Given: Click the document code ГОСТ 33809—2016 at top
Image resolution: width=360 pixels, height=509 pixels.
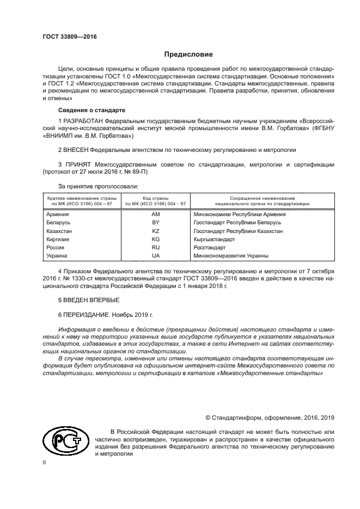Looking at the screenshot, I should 65,37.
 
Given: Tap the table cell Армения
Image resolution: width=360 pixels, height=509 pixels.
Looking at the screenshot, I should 58,214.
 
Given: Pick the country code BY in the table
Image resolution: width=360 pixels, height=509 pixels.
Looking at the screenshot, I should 155,223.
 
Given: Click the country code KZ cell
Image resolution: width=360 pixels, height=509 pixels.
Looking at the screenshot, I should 155,231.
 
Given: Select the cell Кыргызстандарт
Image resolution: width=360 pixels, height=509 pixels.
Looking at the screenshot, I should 214,239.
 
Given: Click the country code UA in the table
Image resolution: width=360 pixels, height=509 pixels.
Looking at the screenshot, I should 155,255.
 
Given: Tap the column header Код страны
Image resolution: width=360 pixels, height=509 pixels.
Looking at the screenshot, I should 155,198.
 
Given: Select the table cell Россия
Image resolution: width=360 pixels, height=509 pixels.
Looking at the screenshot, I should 56,247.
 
